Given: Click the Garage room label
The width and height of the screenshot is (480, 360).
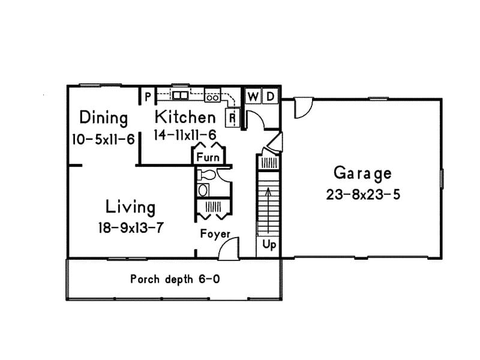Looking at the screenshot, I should click(362, 173).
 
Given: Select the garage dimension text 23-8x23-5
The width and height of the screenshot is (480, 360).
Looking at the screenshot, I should click(362, 194).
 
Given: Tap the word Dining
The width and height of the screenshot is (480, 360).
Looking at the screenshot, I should click(104, 118).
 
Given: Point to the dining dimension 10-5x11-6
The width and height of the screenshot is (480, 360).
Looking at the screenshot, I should click(103, 139).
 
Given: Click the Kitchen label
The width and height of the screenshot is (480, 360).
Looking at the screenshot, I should click(185, 116).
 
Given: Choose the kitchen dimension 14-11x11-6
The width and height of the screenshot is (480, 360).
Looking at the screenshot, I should click(185, 135).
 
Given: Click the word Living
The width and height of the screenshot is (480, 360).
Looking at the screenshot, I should click(130, 208).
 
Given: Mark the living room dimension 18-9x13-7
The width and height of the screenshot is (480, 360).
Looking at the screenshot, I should click(130, 228).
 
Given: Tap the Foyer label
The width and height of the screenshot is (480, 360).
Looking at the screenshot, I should click(215, 234).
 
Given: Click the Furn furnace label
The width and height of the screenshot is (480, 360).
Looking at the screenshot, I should click(208, 158).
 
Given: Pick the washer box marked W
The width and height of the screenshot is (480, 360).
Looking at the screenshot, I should click(253, 96).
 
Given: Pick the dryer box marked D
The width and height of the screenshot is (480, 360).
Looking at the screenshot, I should click(270, 96).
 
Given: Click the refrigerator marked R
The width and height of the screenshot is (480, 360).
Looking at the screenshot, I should click(232, 118).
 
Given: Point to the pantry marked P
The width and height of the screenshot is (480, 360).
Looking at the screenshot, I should click(146, 95).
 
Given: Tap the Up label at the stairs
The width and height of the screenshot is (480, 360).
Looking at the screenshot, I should click(269, 245).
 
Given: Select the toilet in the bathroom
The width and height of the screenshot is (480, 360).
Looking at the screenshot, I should click(206, 175).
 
